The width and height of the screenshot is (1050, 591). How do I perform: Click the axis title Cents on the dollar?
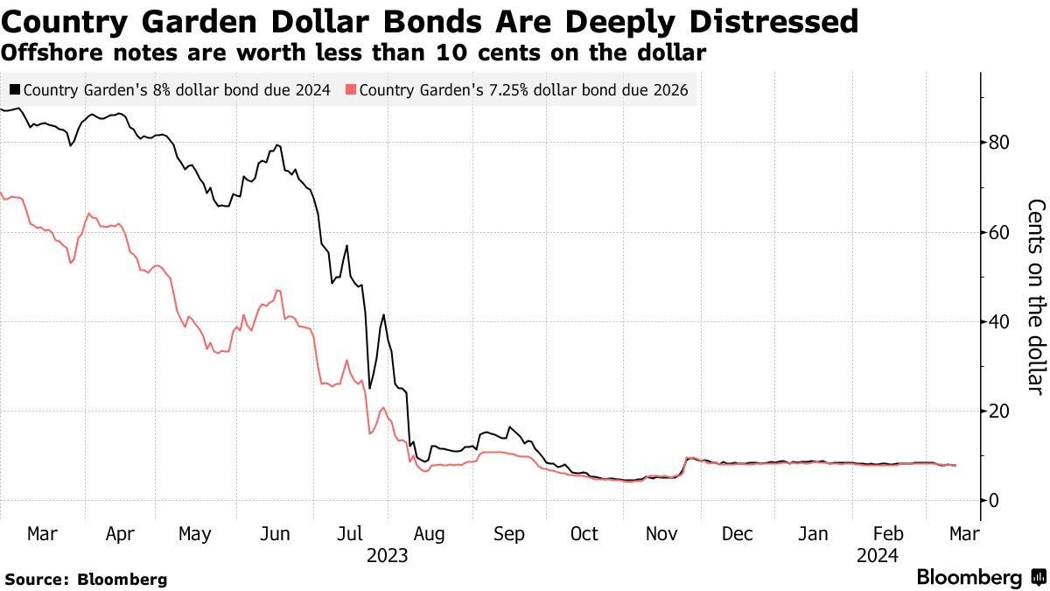tap(1036, 296)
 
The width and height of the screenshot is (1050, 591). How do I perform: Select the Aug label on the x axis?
tap(430, 534)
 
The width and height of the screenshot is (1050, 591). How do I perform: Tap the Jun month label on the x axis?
tap(276, 534)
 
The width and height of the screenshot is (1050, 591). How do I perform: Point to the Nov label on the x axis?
tap(661, 534)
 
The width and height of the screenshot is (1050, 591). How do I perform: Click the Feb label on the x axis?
tap(889, 534)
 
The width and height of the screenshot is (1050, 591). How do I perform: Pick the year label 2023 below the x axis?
tap(388, 555)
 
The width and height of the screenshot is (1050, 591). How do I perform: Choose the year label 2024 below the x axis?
tap(878, 555)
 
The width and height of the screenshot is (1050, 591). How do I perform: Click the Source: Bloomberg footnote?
tap(86, 579)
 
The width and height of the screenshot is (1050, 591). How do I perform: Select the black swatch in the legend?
tap(15, 89)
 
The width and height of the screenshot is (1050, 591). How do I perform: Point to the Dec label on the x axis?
tap(737, 534)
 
